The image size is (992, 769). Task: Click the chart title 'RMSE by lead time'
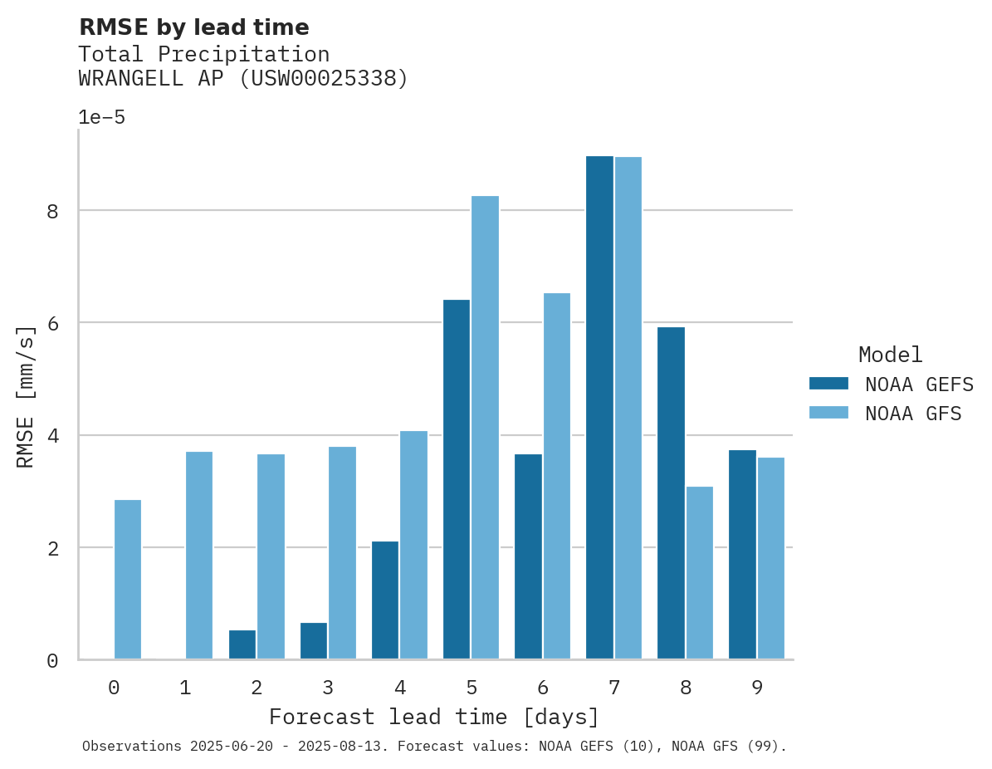tap(193, 27)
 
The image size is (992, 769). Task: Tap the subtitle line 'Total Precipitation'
tap(203, 55)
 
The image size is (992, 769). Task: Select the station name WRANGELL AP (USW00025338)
tap(243, 79)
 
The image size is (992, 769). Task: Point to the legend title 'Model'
tap(890, 355)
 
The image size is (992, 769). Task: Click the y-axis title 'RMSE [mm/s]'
tap(26, 397)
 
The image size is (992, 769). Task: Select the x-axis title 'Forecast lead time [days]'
tap(433, 717)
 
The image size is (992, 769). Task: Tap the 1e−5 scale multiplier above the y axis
tap(101, 118)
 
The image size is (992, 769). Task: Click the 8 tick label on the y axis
tap(52, 211)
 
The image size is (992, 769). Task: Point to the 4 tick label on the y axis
tap(52, 436)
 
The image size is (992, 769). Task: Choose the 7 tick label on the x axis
tap(614, 688)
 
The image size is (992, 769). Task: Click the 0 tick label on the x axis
tap(114, 688)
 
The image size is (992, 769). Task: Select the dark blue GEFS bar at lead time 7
tap(599, 407)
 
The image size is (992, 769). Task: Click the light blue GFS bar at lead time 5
tap(485, 428)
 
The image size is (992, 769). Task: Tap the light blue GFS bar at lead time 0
tap(128, 580)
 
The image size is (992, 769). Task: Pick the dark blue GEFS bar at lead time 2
tap(242, 644)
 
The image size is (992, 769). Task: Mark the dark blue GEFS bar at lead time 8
tap(671, 493)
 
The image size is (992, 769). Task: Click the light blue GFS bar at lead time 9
tap(770, 558)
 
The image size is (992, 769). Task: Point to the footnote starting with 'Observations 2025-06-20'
tap(434, 746)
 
